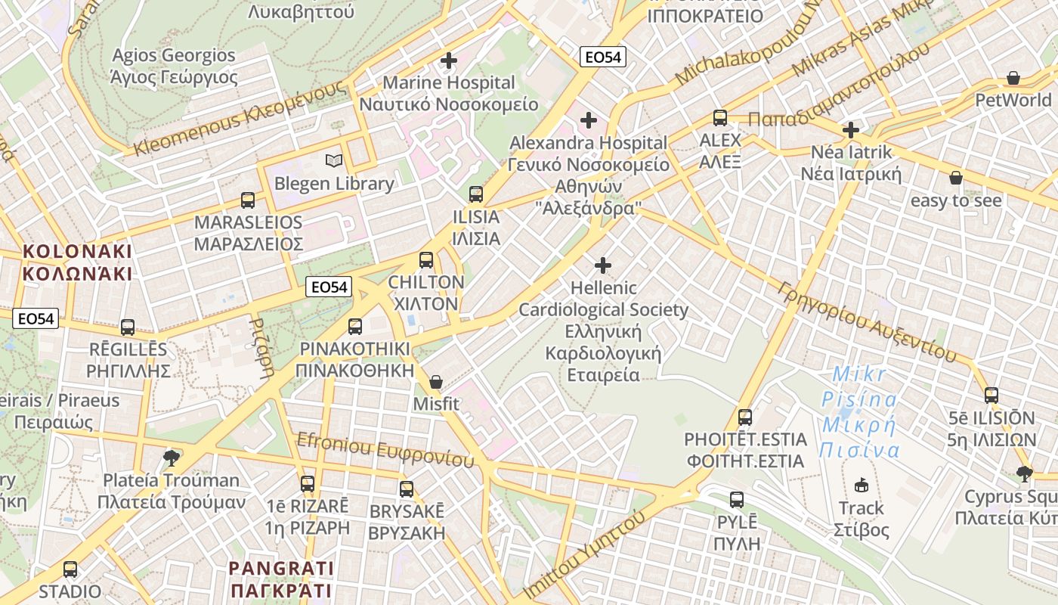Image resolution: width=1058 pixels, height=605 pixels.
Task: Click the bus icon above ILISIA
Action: pyautogui.click(x=476, y=194)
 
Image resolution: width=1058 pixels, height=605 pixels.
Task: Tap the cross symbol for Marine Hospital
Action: pyautogui.click(x=449, y=60)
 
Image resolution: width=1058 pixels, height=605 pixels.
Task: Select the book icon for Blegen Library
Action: pyautogui.click(x=333, y=160)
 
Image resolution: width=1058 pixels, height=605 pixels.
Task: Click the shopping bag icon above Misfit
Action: pyautogui.click(x=435, y=383)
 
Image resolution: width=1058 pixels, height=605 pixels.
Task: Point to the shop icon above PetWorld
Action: pyautogui.click(x=1013, y=78)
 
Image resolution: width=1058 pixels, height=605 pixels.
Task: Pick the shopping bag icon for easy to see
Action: pyautogui.click(x=955, y=178)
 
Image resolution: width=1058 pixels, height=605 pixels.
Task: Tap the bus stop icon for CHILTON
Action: pyautogui.click(x=426, y=260)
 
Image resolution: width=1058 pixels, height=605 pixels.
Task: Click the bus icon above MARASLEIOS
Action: pyautogui.click(x=248, y=200)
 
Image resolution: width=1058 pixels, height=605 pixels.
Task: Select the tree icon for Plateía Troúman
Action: pyautogui.click(x=172, y=457)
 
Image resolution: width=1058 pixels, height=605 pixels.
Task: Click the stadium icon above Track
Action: pyautogui.click(x=861, y=485)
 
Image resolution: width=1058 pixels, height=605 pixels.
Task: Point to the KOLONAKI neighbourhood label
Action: pyautogui.click(x=77, y=262)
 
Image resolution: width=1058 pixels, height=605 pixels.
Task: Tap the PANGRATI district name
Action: pyautogui.click(x=281, y=579)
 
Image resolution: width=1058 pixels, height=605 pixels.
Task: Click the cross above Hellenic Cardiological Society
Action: pyautogui.click(x=603, y=265)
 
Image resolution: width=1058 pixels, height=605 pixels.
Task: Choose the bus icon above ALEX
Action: pyautogui.click(x=720, y=118)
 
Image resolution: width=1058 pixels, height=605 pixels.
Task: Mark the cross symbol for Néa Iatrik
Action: pyautogui.click(x=851, y=130)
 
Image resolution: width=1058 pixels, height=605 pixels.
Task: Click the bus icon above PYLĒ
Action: pyautogui.click(x=737, y=500)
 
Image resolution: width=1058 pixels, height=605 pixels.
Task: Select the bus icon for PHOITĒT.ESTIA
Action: pyautogui.click(x=745, y=417)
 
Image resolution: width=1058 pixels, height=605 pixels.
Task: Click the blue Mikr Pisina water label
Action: pyautogui.click(x=860, y=412)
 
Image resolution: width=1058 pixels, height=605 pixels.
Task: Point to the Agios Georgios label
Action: pyautogui.click(x=174, y=66)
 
